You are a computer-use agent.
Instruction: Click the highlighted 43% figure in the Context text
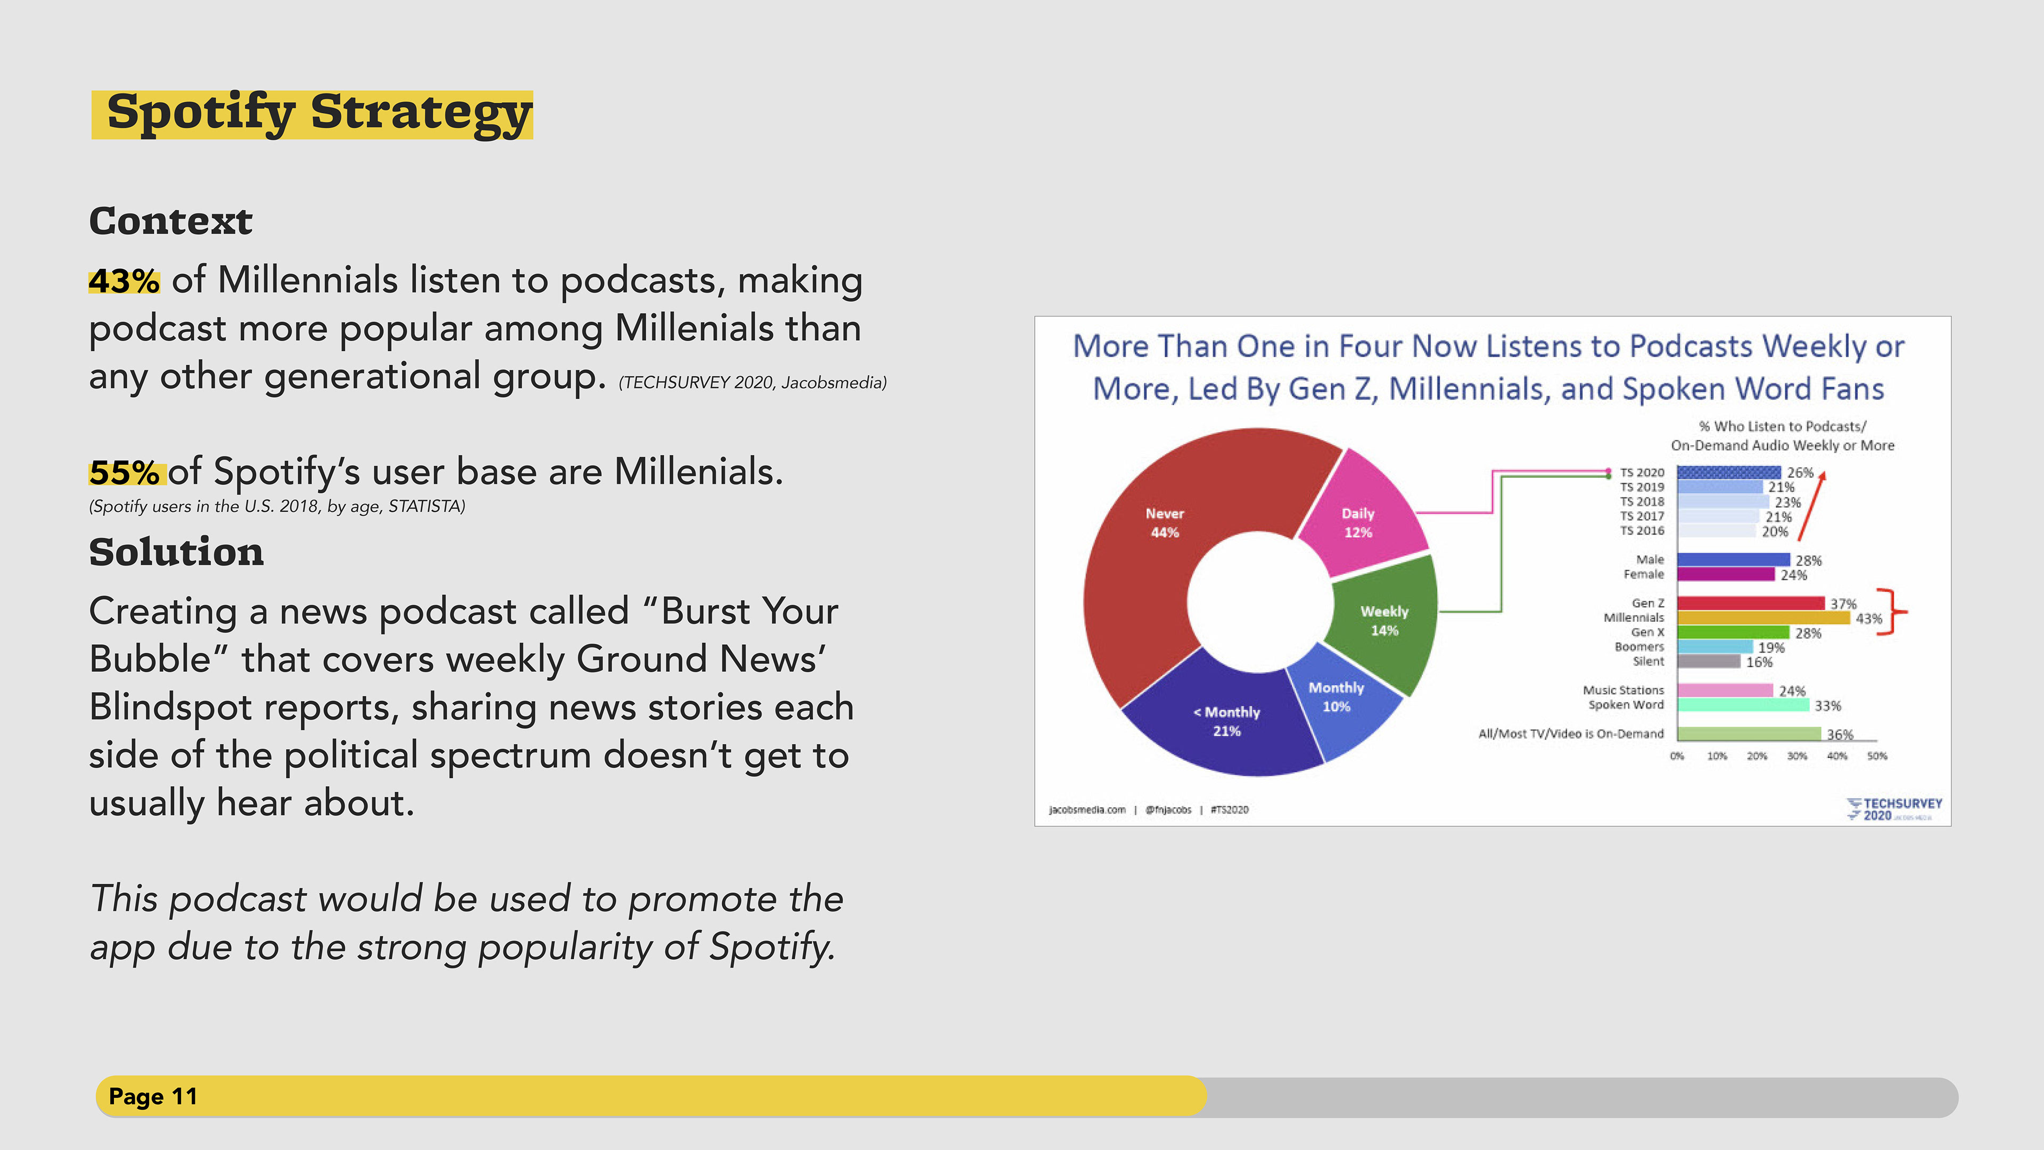pos(124,281)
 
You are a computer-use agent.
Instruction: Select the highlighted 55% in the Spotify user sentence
pos(124,472)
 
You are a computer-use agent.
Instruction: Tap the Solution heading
pos(176,552)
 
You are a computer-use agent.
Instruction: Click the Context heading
pos(170,220)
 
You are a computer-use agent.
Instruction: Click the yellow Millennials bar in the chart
pos(1763,618)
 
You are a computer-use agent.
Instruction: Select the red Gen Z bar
pos(1750,603)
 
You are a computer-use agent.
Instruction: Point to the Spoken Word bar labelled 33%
pos(1743,705)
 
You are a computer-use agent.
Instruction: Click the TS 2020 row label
pos(1642,472)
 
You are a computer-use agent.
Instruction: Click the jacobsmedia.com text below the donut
pos(1087,809)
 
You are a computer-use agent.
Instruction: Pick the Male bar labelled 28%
pos(1734,560)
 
